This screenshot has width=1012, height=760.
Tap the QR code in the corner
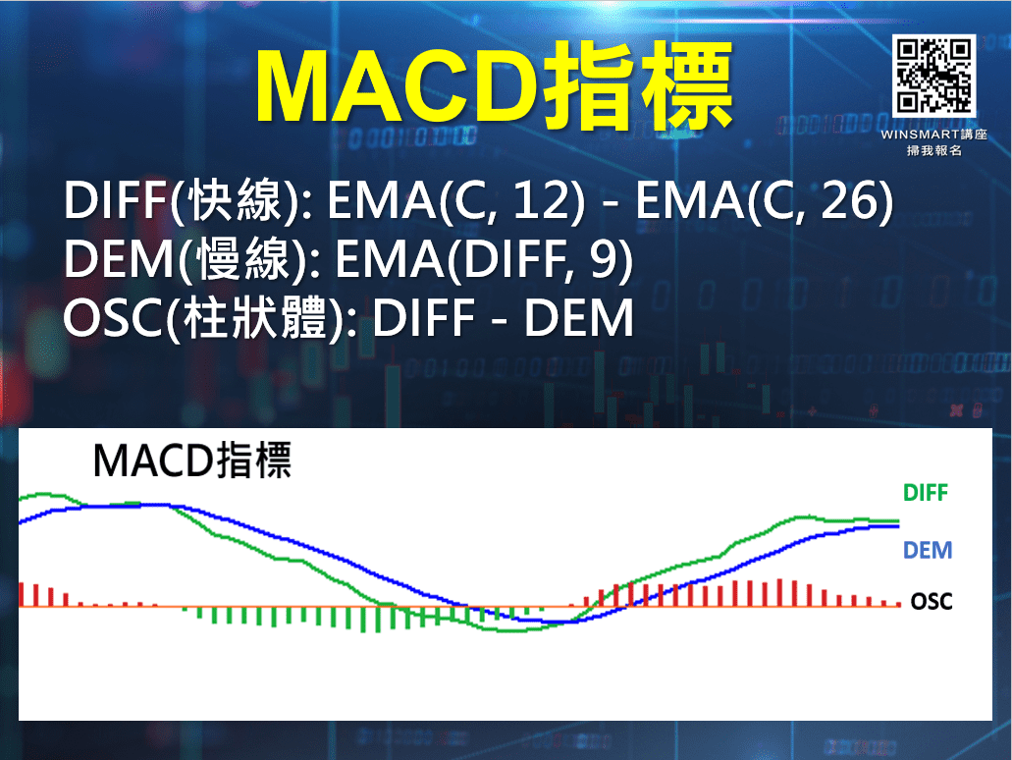pyautogui.click(x=933, y=75)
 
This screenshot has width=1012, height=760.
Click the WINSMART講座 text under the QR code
pyautogui.click(x=933, y=135)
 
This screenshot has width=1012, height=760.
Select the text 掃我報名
pyautogui.click(x=933, y=151)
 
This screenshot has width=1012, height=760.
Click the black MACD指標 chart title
pyautogui.click(x=191, y=461)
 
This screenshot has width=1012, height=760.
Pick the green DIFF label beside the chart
pyautogui.click(x=926, y=493)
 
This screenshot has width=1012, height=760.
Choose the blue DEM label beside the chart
pyautogui.click(x=928, y=550)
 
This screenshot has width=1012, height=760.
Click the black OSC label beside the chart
pyautogui.click(x=931, y=601)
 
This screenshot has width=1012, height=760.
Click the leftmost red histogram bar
pyautogui.click(x=22, y=594)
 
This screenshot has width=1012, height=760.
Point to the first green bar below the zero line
pyautogui.click(x=199, y=614)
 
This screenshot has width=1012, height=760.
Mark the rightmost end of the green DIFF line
pyautogui.click(x=897, y=521)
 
